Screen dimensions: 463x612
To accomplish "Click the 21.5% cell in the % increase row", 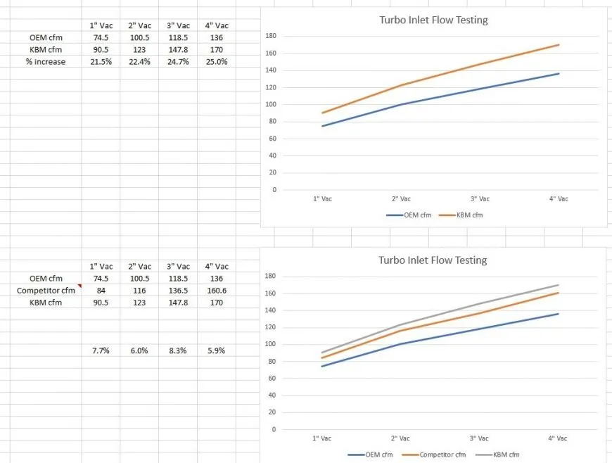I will pos(101,62).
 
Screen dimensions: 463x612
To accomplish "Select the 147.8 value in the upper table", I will pos(179,50).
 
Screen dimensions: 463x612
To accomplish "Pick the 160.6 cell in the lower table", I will pos(217,291).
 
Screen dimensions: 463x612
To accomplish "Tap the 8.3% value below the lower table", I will pos(179,350).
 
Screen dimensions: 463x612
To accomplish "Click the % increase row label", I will pos(44,62).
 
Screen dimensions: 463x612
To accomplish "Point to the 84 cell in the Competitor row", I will pos(101,291).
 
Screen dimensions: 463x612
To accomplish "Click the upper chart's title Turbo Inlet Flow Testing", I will pos(433,20).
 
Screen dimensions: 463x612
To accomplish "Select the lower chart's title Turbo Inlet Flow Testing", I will pos(433,260).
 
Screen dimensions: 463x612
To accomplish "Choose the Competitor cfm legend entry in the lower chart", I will pos(442,455).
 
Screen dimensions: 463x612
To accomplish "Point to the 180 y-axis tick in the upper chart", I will pos(271,36).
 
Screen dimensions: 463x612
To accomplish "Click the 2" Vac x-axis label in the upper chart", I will pos(401,199).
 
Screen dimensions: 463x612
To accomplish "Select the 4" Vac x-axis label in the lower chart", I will pos(558,438).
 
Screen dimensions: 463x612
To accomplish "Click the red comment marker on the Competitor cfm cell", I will pos(79,286).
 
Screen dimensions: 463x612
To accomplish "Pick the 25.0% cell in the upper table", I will pos(217,62).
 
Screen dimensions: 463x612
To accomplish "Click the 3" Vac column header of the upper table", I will pos(179,25).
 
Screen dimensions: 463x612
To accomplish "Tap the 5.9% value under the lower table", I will pos(217,350).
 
